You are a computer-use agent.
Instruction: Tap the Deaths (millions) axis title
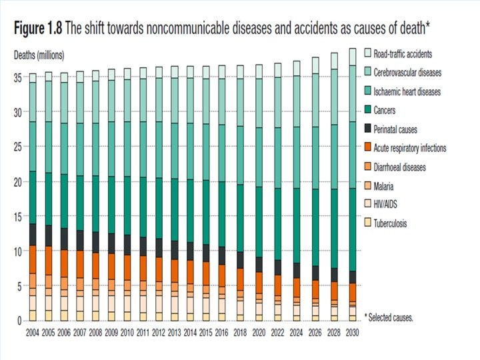(39, 55)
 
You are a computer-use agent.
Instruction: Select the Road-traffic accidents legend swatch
(367, 53)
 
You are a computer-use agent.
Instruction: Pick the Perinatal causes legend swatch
(367, 129)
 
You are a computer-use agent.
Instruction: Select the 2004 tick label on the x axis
(33, 331)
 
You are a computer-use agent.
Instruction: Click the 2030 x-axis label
(353, 331)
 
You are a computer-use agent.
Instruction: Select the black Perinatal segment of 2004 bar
(33, 235)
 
